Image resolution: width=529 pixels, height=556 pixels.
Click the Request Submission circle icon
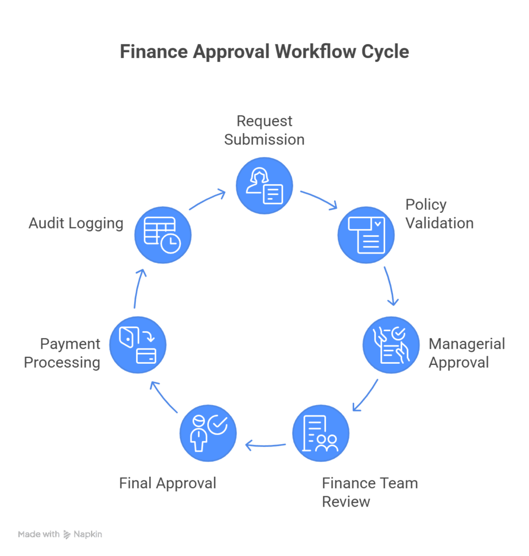point(264,186)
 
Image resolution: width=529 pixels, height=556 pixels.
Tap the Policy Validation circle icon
point(366,235)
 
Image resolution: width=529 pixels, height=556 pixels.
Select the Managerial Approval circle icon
point(391,345)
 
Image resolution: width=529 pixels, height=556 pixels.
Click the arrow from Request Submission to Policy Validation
point(319,199)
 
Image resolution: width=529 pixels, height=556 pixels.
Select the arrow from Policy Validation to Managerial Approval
point(392,286)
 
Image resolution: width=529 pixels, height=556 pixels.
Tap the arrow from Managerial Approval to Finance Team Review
point(366,395)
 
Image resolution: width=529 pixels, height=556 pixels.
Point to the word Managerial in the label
point(467,344)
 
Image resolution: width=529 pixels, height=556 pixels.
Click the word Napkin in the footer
point(88,534)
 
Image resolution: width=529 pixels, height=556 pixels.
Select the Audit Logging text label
point(76,223)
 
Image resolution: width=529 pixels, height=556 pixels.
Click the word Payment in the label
point(71,344)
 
